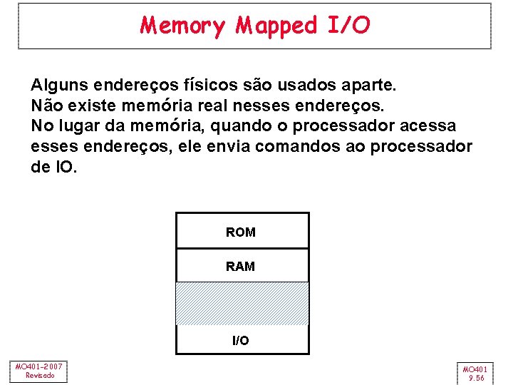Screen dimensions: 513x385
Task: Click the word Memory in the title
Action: [x=182, y=26]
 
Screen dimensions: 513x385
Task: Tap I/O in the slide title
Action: [x=349, y=26]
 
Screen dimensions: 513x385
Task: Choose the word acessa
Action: [x=430, y=126]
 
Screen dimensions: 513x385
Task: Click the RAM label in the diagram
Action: [x=240, y=267]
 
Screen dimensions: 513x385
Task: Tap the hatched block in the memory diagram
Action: [x=242, y=304]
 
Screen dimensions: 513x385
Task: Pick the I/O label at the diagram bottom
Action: [x=241, y=341]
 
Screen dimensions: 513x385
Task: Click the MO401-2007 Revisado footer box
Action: [x=39, y=371]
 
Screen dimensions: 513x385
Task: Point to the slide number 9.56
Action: [x=475, y=378]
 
